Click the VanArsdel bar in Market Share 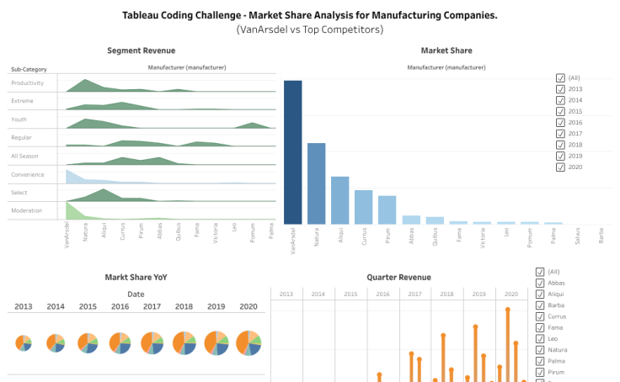292,151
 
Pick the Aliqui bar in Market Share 339,200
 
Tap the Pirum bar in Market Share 387,210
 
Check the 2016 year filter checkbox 561,123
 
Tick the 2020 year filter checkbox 561,167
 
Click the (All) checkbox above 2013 561,78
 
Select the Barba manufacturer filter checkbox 540,305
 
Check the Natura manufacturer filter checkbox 540,349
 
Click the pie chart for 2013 24,342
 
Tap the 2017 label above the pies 152,307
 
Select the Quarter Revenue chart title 398,277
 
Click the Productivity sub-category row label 27,83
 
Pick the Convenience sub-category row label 28,174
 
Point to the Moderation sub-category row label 27,210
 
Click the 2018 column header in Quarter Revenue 446,294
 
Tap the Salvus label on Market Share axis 576,236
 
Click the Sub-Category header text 29,68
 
